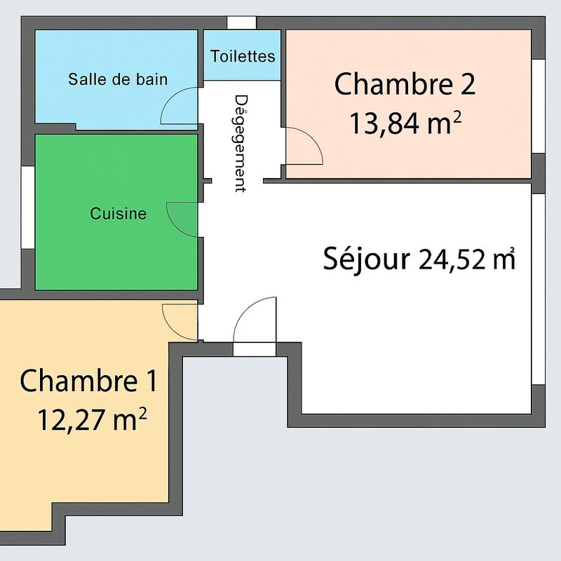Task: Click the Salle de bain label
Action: click(x=118, y=79)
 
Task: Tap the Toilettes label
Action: click(x=243, y=55)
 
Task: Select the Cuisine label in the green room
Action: click(x=119, y=214)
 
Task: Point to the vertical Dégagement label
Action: click(x=241, y=143)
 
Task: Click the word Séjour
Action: click(x=366, y=259)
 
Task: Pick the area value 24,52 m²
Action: click(x=467, y=259)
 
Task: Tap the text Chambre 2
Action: click(x=405, y=85)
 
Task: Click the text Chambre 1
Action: click(x=88, y=381)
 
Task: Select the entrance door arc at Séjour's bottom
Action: click(x=254, y=320)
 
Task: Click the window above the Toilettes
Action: click(x=242, y=22)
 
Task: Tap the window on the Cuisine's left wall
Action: click(x=27, y=207)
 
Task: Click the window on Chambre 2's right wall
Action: click(x=538, y=106)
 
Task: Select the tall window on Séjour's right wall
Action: click(x=538, y=288)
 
